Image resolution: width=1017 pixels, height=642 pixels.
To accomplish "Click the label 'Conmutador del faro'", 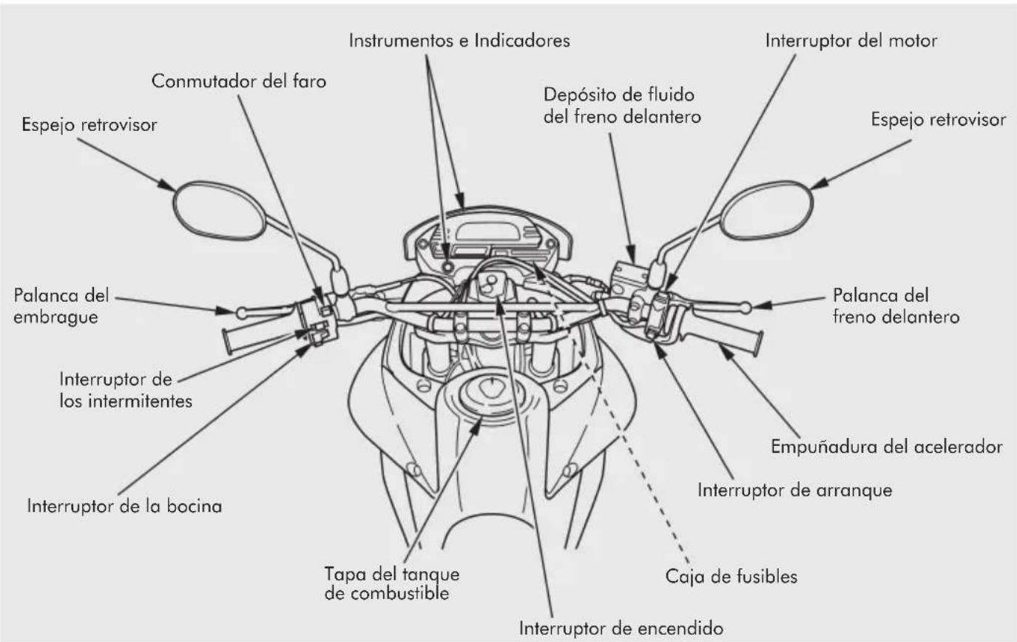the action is tap(239, 81).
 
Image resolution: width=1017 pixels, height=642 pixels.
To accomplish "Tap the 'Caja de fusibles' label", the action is tap(731, 577).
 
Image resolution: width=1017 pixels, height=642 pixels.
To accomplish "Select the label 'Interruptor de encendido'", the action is tap(621, 629).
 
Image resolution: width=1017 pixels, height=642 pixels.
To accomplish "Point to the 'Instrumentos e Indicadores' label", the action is tap(459, 41).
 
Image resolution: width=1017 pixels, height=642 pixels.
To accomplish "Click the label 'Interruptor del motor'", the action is tap(851, 41).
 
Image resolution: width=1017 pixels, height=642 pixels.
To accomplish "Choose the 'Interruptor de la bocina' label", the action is tap(124, 506).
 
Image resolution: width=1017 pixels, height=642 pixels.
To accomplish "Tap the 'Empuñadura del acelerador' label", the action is tap(887, 446).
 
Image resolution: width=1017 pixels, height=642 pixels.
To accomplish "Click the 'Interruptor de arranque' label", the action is tap(794, 490).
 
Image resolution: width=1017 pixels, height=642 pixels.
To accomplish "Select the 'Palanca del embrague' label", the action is tap(61, 306).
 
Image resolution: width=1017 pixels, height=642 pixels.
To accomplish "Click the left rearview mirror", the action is tap(219, 210).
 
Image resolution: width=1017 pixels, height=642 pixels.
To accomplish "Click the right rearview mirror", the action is tap(766, 210).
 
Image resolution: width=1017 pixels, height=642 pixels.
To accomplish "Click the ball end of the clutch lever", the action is tap(241, 312).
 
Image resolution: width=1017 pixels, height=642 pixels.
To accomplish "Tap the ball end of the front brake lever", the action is tap(746, 308).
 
